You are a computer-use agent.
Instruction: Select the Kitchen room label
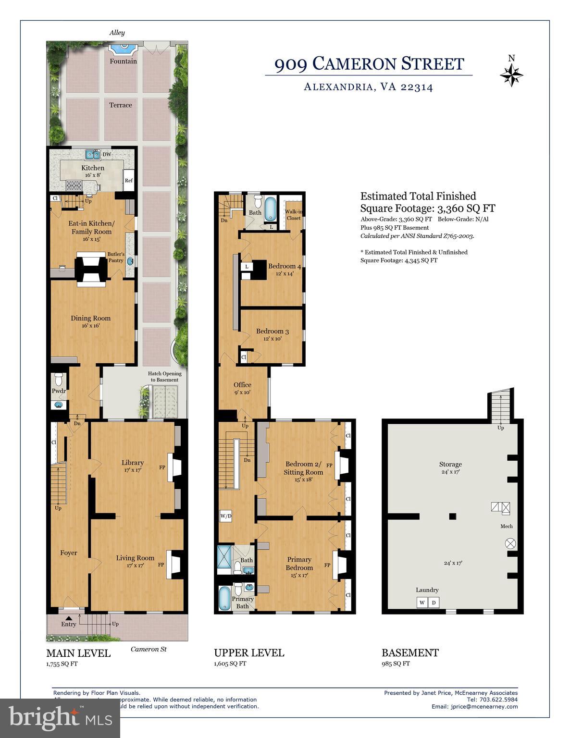tap(93, 168)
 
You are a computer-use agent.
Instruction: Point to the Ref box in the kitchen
tap(129, 181)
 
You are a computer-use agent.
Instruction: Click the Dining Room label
tap(90, 318)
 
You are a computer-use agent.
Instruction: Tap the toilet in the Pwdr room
tap(59, 378)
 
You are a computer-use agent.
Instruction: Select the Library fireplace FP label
tap(162, 467)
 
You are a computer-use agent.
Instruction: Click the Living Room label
tap(135, 558)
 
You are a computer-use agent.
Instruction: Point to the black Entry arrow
tap(69, 618)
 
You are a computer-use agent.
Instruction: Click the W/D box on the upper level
tap(225, 517)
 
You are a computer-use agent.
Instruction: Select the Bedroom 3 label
tap(272, 331)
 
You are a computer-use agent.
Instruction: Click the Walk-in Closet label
tap(293, 215)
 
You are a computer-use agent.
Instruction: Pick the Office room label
tap(242, 384)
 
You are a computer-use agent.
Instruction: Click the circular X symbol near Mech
tap(510, 544)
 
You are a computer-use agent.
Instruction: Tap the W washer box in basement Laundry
tap(421, 603)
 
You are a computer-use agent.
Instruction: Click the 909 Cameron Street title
tap(369, 64)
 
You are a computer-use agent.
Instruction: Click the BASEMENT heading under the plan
tap(410, 653)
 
